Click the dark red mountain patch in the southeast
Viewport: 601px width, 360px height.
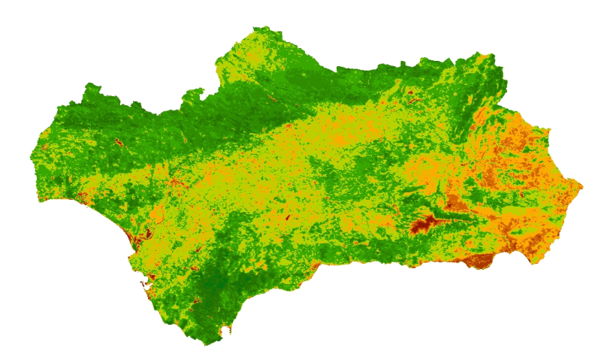point(424,223)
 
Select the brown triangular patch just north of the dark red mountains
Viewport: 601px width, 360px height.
point(454,202)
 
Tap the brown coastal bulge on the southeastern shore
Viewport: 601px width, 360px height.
point(479,260)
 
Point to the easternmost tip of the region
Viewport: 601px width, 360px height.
point(581,184)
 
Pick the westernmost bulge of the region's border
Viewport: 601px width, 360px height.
point(32,158)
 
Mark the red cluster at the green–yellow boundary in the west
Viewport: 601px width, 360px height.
point(173,182)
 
